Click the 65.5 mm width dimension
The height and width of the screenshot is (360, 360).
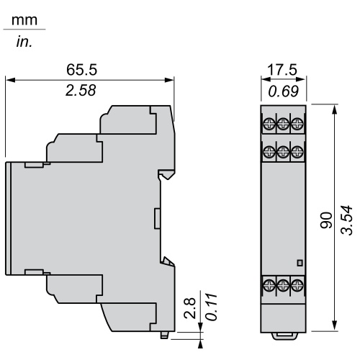[x=82, y=70]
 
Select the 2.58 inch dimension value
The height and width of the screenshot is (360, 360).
[x=81, y=91]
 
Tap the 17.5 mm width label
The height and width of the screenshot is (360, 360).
[x=282, y=70]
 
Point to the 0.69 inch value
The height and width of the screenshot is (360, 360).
[x=284, y=91]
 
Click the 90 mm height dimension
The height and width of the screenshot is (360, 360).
[x=326, y=220]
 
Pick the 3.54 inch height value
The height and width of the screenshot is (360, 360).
[x=347, y=220]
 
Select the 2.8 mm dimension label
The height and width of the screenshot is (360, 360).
[x=190, y=308]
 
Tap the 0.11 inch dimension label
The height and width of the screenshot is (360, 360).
[x=212, y=307]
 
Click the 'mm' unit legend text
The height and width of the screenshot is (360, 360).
[x=24, y=20]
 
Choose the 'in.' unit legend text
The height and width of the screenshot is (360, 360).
[x=24, y=42]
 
